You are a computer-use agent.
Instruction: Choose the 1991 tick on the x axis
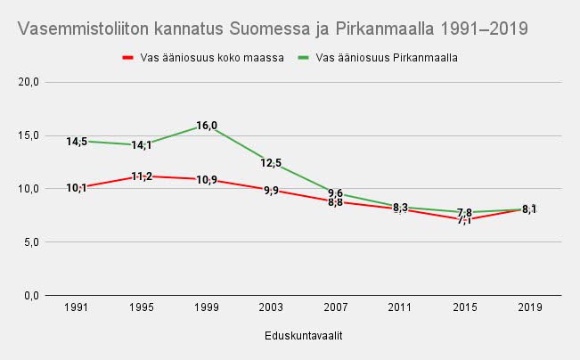(77, 307)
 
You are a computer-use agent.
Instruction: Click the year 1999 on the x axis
(207, 307)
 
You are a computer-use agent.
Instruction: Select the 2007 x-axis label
(336, 307)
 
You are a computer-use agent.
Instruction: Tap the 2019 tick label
(530, 307)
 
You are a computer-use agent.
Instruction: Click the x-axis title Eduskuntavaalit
(304, 336)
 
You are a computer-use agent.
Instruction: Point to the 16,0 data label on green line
(207, 126)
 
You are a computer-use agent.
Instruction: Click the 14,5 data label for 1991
(77, 142)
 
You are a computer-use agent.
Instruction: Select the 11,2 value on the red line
(142, 176)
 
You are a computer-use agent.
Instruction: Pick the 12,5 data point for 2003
(271, 163)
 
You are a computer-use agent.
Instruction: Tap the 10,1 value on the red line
(77, 188)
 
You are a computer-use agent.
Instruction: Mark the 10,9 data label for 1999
(207, 180)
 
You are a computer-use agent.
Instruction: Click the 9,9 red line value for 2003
(271, 190)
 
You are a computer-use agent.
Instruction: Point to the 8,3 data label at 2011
(401, 208)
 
